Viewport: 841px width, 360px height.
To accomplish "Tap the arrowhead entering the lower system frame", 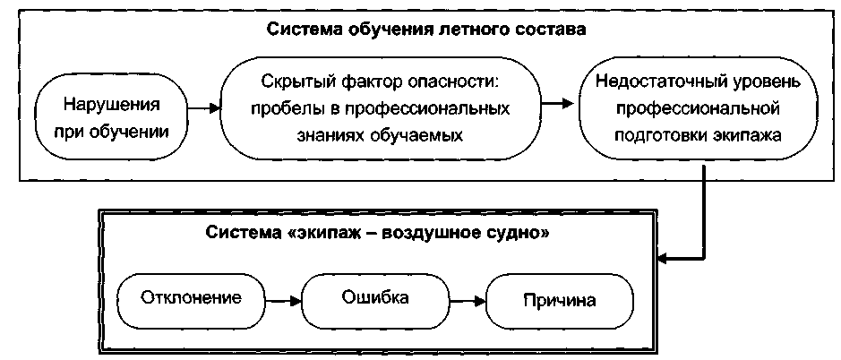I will click(664, 260).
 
